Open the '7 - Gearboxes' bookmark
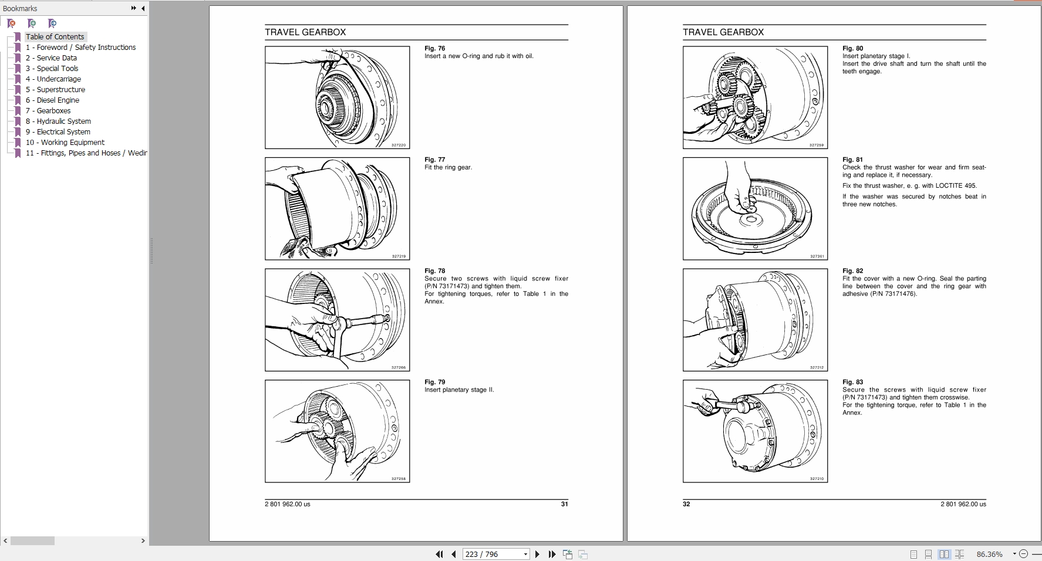[x=53, y=110]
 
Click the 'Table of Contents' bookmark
[x=55, y=36]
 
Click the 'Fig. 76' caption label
[x=434, y=48]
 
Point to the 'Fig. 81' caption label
[x=852, y=160]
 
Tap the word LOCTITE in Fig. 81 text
[x=949, y=185]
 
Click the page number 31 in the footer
[x=564, y=504]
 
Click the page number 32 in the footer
[x=686, y=504]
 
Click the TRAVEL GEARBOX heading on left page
[x=305, y=32]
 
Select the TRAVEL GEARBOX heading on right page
[x=723, y=32]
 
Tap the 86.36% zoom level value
[x=989, y=554]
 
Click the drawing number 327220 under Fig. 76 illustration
[x=399, y=145]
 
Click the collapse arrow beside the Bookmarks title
[x=143, y=8]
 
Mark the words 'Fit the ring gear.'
[x=448, y=167]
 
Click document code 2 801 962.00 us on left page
[x=287, y=504]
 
